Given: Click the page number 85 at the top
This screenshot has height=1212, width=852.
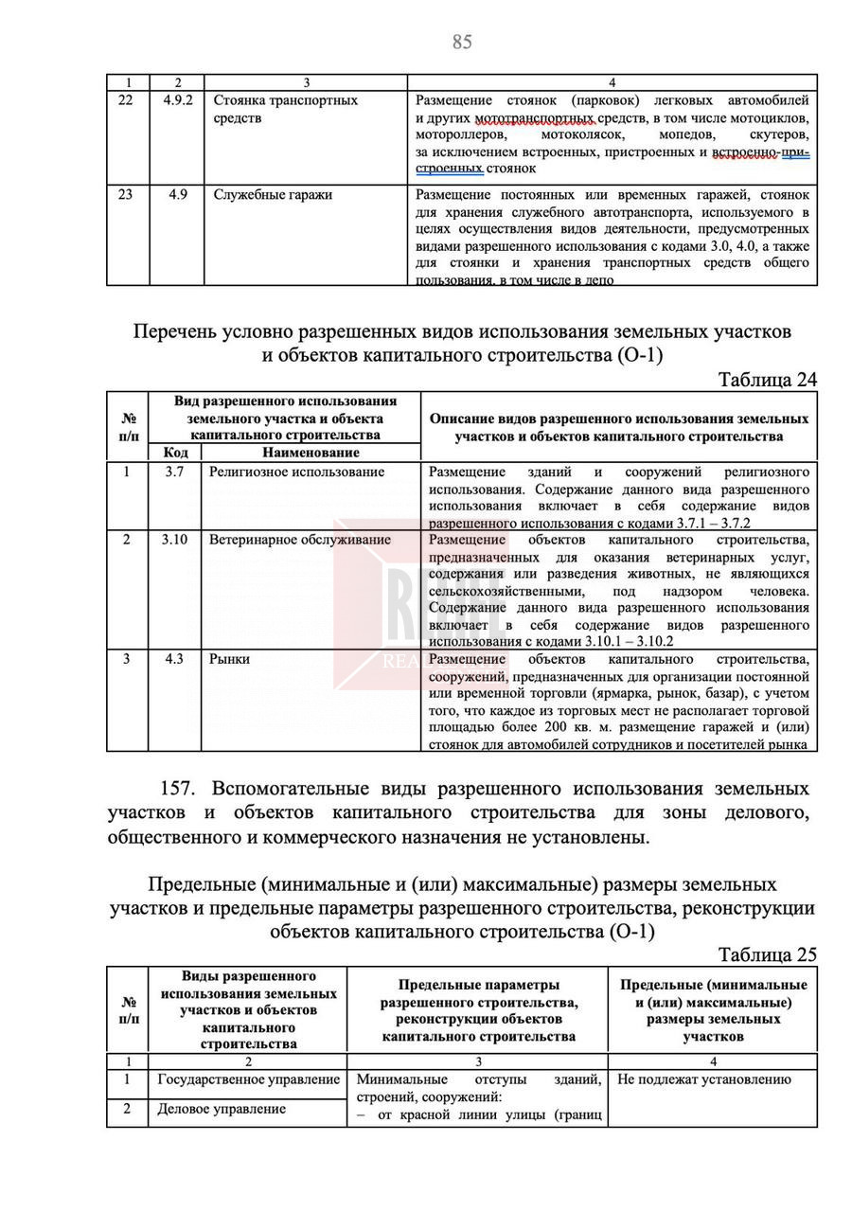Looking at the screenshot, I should (462, 42).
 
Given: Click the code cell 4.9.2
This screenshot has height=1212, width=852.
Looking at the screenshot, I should (176, 99).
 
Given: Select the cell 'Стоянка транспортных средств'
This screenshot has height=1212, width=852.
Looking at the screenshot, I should (285, 109).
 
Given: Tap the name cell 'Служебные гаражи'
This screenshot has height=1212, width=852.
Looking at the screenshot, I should (273, 195).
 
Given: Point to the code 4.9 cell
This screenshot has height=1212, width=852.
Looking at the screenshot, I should (177, 195).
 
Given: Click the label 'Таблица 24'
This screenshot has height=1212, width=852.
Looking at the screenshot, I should (767, 380).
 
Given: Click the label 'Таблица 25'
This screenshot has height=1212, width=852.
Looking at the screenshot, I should (767, 954).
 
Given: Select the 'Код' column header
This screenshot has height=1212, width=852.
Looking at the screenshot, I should (175, 453).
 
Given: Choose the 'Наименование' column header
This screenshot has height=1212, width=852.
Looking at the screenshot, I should (310, 453).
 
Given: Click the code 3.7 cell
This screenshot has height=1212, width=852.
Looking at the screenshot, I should (174, 472).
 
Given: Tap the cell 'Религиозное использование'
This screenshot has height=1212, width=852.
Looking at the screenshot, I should (296, 472).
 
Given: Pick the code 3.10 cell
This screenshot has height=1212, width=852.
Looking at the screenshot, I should (174, 540).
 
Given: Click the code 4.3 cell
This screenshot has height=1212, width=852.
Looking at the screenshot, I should (174, 659).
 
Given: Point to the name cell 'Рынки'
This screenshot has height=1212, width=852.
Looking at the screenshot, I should (229, 659).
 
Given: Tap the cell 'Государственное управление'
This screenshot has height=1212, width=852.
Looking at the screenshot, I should (248, 1079).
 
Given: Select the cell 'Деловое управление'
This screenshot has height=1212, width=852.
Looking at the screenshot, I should (221, 1109).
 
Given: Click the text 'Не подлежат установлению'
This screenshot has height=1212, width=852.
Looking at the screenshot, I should (703, 1079).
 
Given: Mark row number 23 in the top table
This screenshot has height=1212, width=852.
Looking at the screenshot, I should (127, 195).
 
